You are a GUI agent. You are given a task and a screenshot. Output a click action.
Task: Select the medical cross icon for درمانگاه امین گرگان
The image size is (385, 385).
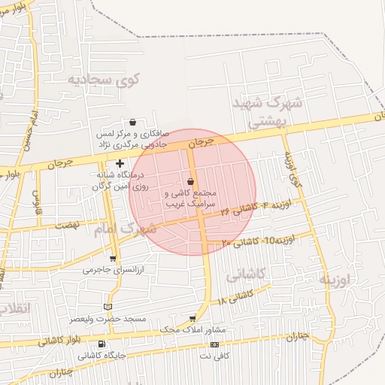(120, 163)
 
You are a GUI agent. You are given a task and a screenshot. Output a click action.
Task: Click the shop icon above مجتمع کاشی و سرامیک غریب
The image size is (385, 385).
(190, 182)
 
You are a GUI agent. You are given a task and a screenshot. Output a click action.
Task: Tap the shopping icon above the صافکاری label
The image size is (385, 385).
(132, 122)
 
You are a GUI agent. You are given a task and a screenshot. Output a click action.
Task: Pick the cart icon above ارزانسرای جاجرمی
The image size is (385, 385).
(112, 258)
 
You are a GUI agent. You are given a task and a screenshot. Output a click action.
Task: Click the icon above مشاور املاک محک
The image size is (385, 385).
(192, 319)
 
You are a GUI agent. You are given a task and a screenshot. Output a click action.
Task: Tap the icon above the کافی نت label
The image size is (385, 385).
(215, 344)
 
